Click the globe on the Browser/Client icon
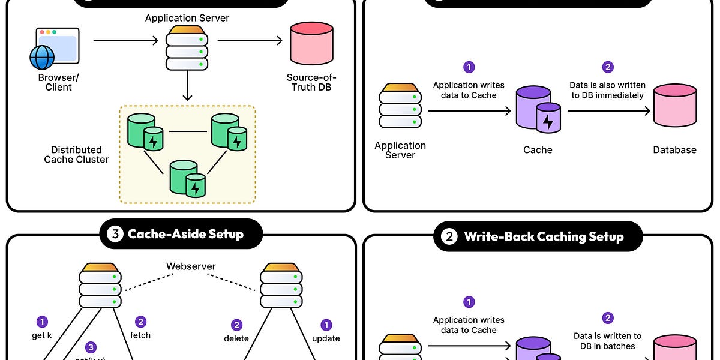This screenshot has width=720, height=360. [x=42, y=57]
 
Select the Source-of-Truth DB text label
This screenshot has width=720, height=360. [x=311, y=82]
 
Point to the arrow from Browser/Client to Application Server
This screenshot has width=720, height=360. [x=125, y=41]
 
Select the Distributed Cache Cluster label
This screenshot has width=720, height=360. [x=76, y=155]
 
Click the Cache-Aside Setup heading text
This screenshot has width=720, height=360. [x=185, y=234]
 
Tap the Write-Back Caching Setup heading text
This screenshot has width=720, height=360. [x=544, y=237]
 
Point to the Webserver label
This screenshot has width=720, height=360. [x=191, y=266]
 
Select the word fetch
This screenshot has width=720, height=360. [x=140, y=335]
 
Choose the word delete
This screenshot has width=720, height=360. [x=237, y=338]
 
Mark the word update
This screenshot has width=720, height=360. [x=326, y=338]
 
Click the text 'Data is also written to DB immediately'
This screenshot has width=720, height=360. [x=607, y=90]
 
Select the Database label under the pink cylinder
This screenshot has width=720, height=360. [x=674, y=150]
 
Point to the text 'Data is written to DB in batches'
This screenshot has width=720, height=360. [x=607, y=341]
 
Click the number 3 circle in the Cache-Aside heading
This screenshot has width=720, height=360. [x=115, y=234]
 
